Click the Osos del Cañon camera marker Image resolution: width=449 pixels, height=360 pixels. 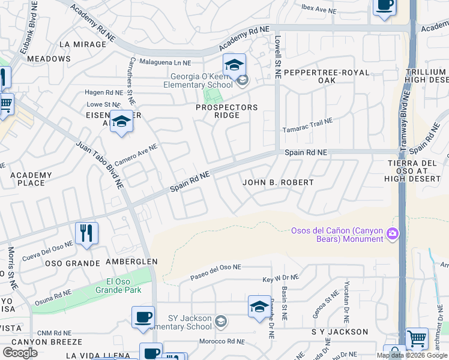(x=393, y=233)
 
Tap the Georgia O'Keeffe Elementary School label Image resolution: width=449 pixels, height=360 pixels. (x=201, y=80)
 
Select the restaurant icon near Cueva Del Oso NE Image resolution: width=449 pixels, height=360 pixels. (x=86, y=233)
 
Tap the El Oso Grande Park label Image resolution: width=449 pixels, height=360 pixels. (x=118, y=286)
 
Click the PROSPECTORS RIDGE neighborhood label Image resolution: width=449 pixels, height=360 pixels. (x=227, y=111)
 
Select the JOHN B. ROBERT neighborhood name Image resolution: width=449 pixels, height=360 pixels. (x=278, y=182)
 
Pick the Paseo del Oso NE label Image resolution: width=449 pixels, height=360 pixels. (x=215, y=272)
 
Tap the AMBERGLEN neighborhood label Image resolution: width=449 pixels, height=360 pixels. (x=131, y=262)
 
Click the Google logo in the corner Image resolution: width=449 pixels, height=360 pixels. (x=20, y=352)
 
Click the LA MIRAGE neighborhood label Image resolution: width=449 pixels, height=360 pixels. (x=83, y=44)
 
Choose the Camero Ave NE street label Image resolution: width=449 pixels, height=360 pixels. (x=136, y=155)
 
